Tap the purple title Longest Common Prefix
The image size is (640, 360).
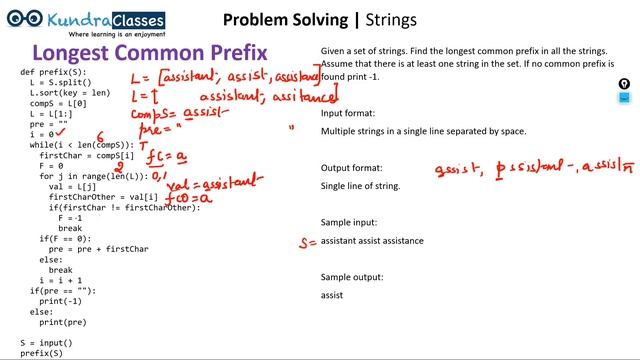[150, 53]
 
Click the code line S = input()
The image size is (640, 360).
[46, 342]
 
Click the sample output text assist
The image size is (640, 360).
[332, 295]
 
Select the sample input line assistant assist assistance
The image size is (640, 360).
[372, 241]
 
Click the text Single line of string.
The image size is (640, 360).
[360, 186]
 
